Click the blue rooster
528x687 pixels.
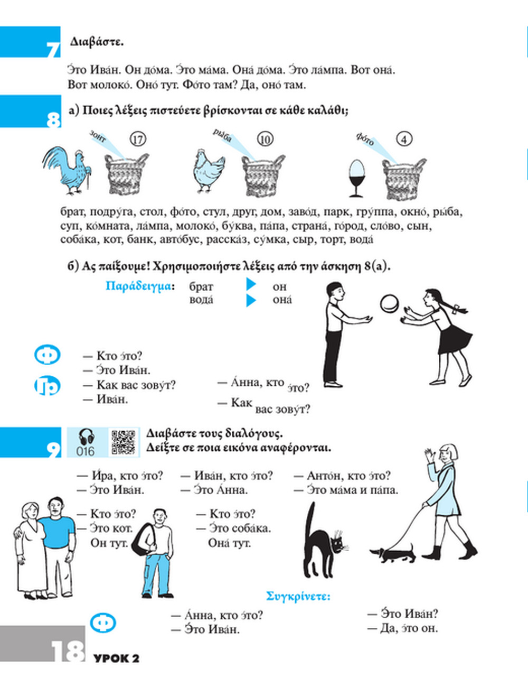pyautogui.click(x=67, y=170)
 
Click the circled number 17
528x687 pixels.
pyautogui.click(x=138, y=140)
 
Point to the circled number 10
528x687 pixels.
pyautogui.click(x=265, y=140)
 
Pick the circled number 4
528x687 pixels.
pyautogui.click(x=404, y=140)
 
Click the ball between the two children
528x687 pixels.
pyautogui.click(x=390, y=303)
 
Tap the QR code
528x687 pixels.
pyautogui.click(x=124, y=442)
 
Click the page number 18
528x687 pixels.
pyautogui.click(x=68, y=651)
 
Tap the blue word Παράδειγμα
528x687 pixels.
pyautogui.click(x=139, y=286)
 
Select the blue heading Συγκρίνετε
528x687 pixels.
pyautogui.click(x=298, y=596)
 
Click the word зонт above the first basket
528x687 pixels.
pyautogui.click(x=98, y=136)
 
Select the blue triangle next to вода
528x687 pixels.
pyautogui.click(x=251, y=300)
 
